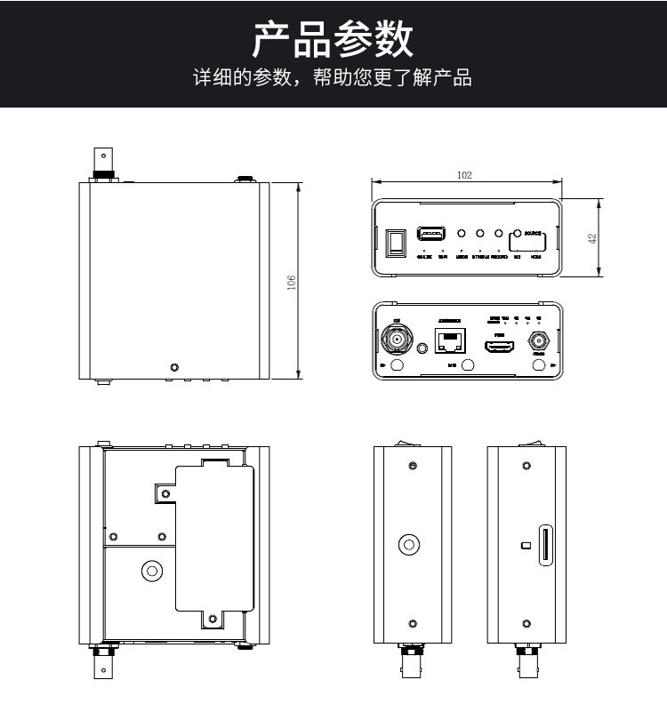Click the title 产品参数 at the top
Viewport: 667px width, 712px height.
[333, 40]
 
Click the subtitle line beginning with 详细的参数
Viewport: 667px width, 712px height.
[333, 77]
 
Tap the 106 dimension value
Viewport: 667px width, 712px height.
[291, 282]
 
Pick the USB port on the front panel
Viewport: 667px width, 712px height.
[431, 235]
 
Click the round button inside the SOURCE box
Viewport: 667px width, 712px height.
[517, 234]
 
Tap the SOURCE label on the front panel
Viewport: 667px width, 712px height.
[534, 234]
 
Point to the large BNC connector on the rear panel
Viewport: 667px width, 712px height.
[397, 339]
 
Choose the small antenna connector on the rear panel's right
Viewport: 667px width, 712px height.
[538, 341]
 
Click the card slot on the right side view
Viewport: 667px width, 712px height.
[544, 544]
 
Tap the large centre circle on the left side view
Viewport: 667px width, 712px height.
[410, 544]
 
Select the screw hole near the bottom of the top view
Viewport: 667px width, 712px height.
[174, 366]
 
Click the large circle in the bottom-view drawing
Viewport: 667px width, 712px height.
[152, 572]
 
